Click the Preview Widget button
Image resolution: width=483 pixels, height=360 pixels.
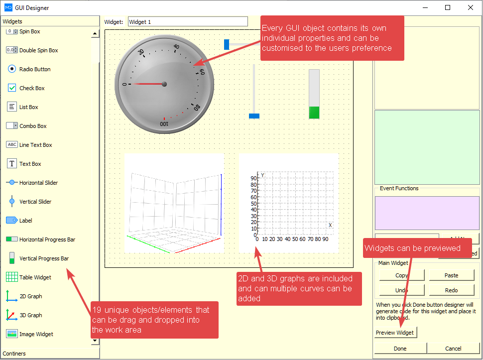click(x=394, y=333)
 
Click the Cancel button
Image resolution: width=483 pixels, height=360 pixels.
click(x=453, y=349)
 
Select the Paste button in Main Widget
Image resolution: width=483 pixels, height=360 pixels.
click(x=451, y=275)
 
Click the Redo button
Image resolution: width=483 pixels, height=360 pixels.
click(x=451, y=290)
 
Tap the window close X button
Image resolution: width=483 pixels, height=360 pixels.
click(x=470, y=7)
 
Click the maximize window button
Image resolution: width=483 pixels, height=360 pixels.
click(x=447, y=7)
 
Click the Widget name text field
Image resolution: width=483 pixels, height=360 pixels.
click(x=187, y=21)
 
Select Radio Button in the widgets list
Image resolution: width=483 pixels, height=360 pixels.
click(x=35, y=69)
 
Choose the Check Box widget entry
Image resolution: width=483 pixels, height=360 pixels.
click(x=32, y=88)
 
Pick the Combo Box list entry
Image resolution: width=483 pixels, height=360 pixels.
click(x=33, y=126)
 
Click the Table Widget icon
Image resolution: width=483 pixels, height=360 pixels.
click(x=12, y=277)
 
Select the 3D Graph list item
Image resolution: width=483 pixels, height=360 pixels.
click(x=30, y=315)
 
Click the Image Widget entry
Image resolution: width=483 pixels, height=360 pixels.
click(x=36, y=334)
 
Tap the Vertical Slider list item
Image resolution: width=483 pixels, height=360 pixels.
click(x=35, y=202)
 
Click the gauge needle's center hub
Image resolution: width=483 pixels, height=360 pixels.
click(x=164, y=84)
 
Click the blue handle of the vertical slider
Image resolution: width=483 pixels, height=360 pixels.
click(x=254, y=116)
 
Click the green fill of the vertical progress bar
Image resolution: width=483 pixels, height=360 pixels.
click(x=314, y=112)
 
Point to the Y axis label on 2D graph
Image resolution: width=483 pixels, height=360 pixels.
click(x=263, y=175)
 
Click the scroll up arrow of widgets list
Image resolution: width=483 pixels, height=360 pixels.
click(x=95, y=34)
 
